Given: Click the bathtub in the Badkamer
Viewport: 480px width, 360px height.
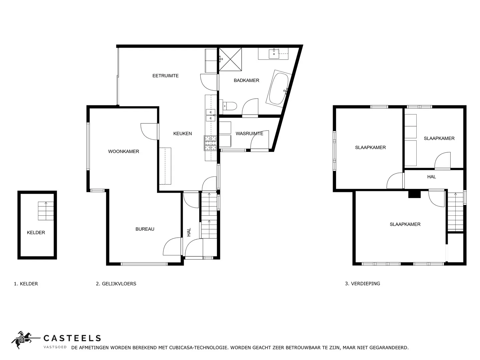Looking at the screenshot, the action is click(x=279, y=89).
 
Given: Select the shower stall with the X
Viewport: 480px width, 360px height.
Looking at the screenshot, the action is click(x=230, y=59).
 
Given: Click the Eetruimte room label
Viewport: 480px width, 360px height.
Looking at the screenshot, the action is click(x=166, y=76).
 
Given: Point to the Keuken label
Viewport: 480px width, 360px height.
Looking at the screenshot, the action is click(x=183, y=133).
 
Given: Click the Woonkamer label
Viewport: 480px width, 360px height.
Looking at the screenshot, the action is click(x=124, y=151).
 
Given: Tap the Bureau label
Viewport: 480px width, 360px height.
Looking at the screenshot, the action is click(x=145, y=229).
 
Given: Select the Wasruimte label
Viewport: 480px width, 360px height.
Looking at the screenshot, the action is click(x=249, y=133).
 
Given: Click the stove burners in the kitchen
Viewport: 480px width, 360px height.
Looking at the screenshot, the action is click(x=210, y=143).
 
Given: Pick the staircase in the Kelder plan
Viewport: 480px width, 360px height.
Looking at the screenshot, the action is click(x=46, y=211).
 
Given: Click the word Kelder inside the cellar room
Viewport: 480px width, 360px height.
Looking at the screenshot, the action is click(x=36, y=232).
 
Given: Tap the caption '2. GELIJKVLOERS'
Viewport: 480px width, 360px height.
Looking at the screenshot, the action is click(x=116, y=283).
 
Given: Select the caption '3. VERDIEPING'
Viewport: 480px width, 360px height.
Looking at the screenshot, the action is click(x=363, y=283).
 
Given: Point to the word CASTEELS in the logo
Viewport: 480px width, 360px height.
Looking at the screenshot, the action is click(x=72, y=338).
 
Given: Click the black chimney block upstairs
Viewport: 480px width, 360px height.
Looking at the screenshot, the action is click(x=414, y=194).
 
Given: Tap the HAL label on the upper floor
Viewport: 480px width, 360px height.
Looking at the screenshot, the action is click(x=431, y=177).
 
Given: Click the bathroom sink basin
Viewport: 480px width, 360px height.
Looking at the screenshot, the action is click(x=274, y=54).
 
